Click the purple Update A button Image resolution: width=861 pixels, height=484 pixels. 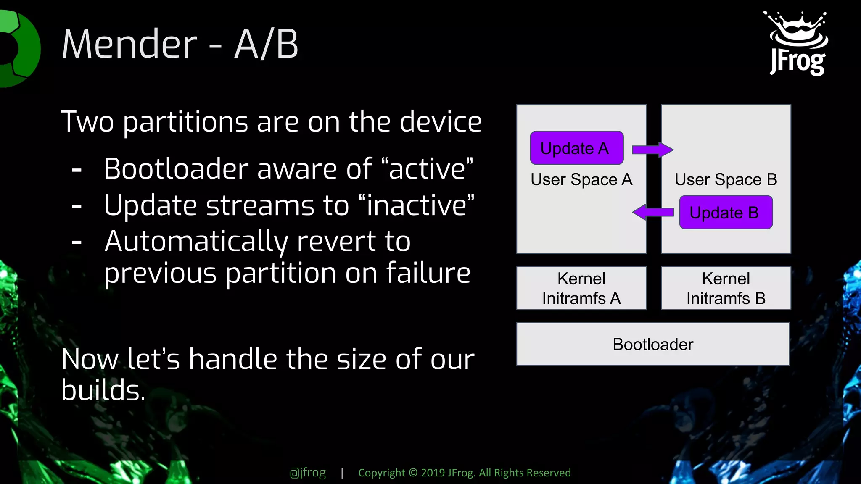pos(576,148)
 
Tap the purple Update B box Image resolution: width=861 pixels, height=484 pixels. pos(726,213)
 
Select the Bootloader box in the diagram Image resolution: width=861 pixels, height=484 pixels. pos(652,344)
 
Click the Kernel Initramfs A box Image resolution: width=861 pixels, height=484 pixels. pos(581,288)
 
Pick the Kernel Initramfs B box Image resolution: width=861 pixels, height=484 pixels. pos(726,288)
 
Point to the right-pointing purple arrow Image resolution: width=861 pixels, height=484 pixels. pos(652,150)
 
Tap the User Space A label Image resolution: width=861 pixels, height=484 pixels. pos(581,180)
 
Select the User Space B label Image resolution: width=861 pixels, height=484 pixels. pos(726,180)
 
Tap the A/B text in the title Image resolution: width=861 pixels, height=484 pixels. pos(266,44)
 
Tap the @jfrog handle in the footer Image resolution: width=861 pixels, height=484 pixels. pos(308,473)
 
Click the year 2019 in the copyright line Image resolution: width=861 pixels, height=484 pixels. pos(433,473)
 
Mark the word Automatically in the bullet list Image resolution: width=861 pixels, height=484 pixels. pos(196,242)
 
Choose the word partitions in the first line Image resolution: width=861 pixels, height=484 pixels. pos(185,122)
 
